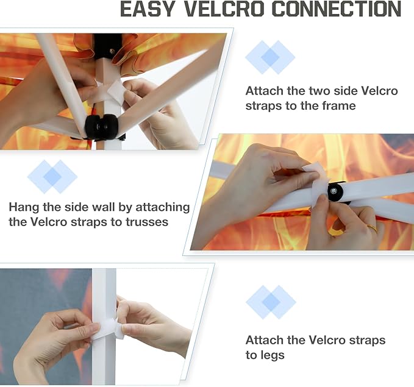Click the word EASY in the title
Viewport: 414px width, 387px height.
[148, 9]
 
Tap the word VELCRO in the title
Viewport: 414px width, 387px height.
[224, 9]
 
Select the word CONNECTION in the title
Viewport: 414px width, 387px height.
[337, 9]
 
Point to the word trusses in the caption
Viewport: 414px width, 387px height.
[147, 222]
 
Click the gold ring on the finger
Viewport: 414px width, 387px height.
[373, 227]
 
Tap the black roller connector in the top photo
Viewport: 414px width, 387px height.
[101, 126]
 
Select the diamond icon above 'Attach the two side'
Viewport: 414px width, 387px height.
[270, 57]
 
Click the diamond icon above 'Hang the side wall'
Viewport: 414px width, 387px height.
[52, 176]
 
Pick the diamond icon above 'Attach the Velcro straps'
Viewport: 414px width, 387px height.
[271, 302]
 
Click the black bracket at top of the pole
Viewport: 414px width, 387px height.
[107, 46]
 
